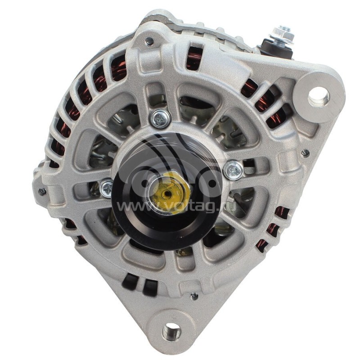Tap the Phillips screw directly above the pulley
pyautogui.click(x=160, y=119)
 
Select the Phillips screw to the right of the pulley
pyautogui.click(x=233, y=170)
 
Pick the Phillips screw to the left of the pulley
pyautogui.click(x=107, y=188)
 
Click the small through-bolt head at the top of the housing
pyautogui.click(x=149, y=41)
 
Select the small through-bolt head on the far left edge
pyautogui.click(x=42, y=190)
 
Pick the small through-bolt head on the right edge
pyautogui.click(x=305, y=153)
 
